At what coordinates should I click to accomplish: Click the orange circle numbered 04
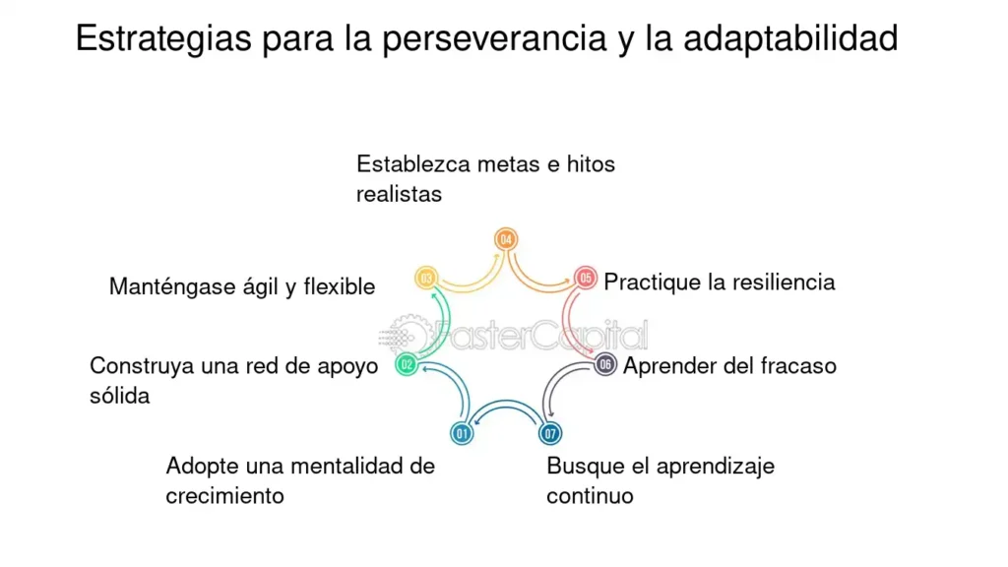[506, 240]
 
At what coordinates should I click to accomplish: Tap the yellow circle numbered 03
[426, 279]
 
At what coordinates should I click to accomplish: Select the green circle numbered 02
[407, 365]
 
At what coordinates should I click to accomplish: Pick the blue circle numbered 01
[462, 434]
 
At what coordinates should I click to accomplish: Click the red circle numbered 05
[585, 279]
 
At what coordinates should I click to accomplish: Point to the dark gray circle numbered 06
[605, 365]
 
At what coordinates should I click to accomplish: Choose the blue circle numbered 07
[549, 434]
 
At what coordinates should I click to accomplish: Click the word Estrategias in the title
[163, 39]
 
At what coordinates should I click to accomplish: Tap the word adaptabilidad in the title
[790, 38]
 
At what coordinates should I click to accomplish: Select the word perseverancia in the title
[494, 39]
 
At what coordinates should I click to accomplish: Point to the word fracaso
[798, 366]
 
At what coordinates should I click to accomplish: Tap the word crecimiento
[225, 496]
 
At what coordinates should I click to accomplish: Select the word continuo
[591, 496]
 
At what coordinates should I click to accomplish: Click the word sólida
[119, 396]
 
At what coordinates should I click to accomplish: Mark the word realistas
[400, 194]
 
